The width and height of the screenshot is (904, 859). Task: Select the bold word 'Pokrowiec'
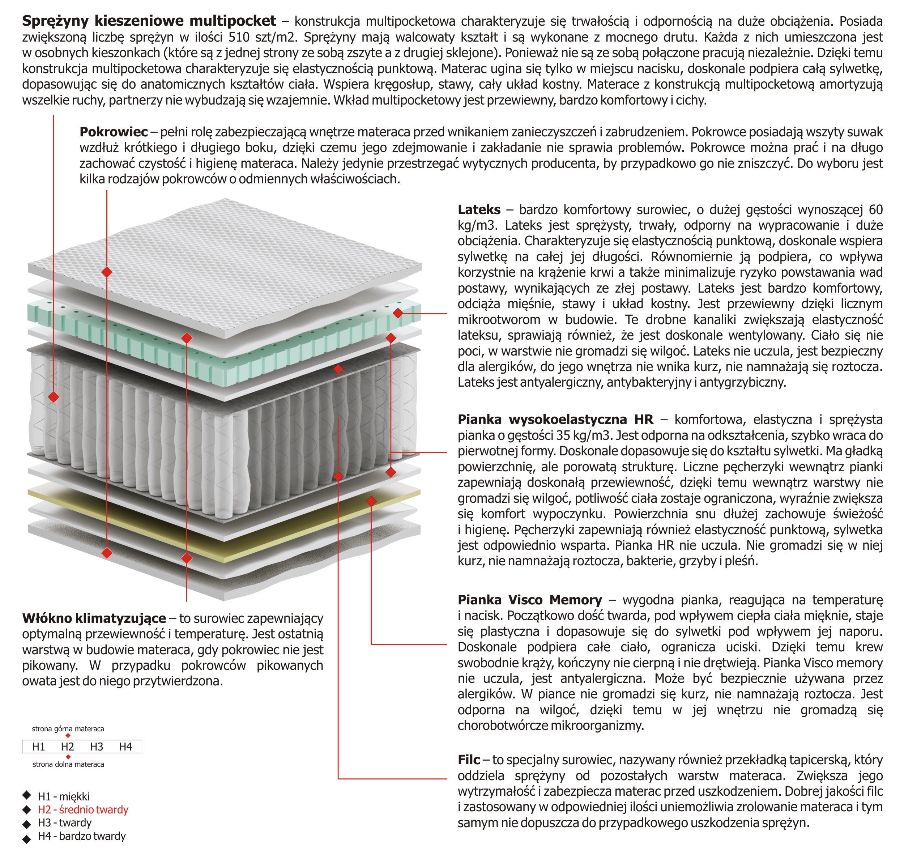pos(114,132)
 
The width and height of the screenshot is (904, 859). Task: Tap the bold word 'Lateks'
pos(479,210)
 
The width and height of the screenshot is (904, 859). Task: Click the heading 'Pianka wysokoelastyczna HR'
pos(555,420)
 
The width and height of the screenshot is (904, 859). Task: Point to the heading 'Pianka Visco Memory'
pos(530,600)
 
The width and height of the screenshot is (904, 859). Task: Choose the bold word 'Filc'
pos(469,760)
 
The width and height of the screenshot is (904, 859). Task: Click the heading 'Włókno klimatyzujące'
pos(94,618)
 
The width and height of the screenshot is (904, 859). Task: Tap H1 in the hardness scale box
pos(38,747)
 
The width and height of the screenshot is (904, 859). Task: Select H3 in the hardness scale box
pos(96,747)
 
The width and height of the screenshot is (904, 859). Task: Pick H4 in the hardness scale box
pos(125,747)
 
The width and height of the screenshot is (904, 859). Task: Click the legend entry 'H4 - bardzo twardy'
pos(81,836)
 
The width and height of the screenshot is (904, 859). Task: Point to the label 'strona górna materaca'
pos(68,728)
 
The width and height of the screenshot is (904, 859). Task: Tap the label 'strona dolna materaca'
pos(68,764)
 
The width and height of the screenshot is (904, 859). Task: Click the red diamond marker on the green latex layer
pos(398,313)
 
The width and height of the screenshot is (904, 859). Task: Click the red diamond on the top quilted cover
pos(107,272)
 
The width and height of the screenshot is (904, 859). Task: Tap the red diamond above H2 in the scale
pos(68,736)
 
